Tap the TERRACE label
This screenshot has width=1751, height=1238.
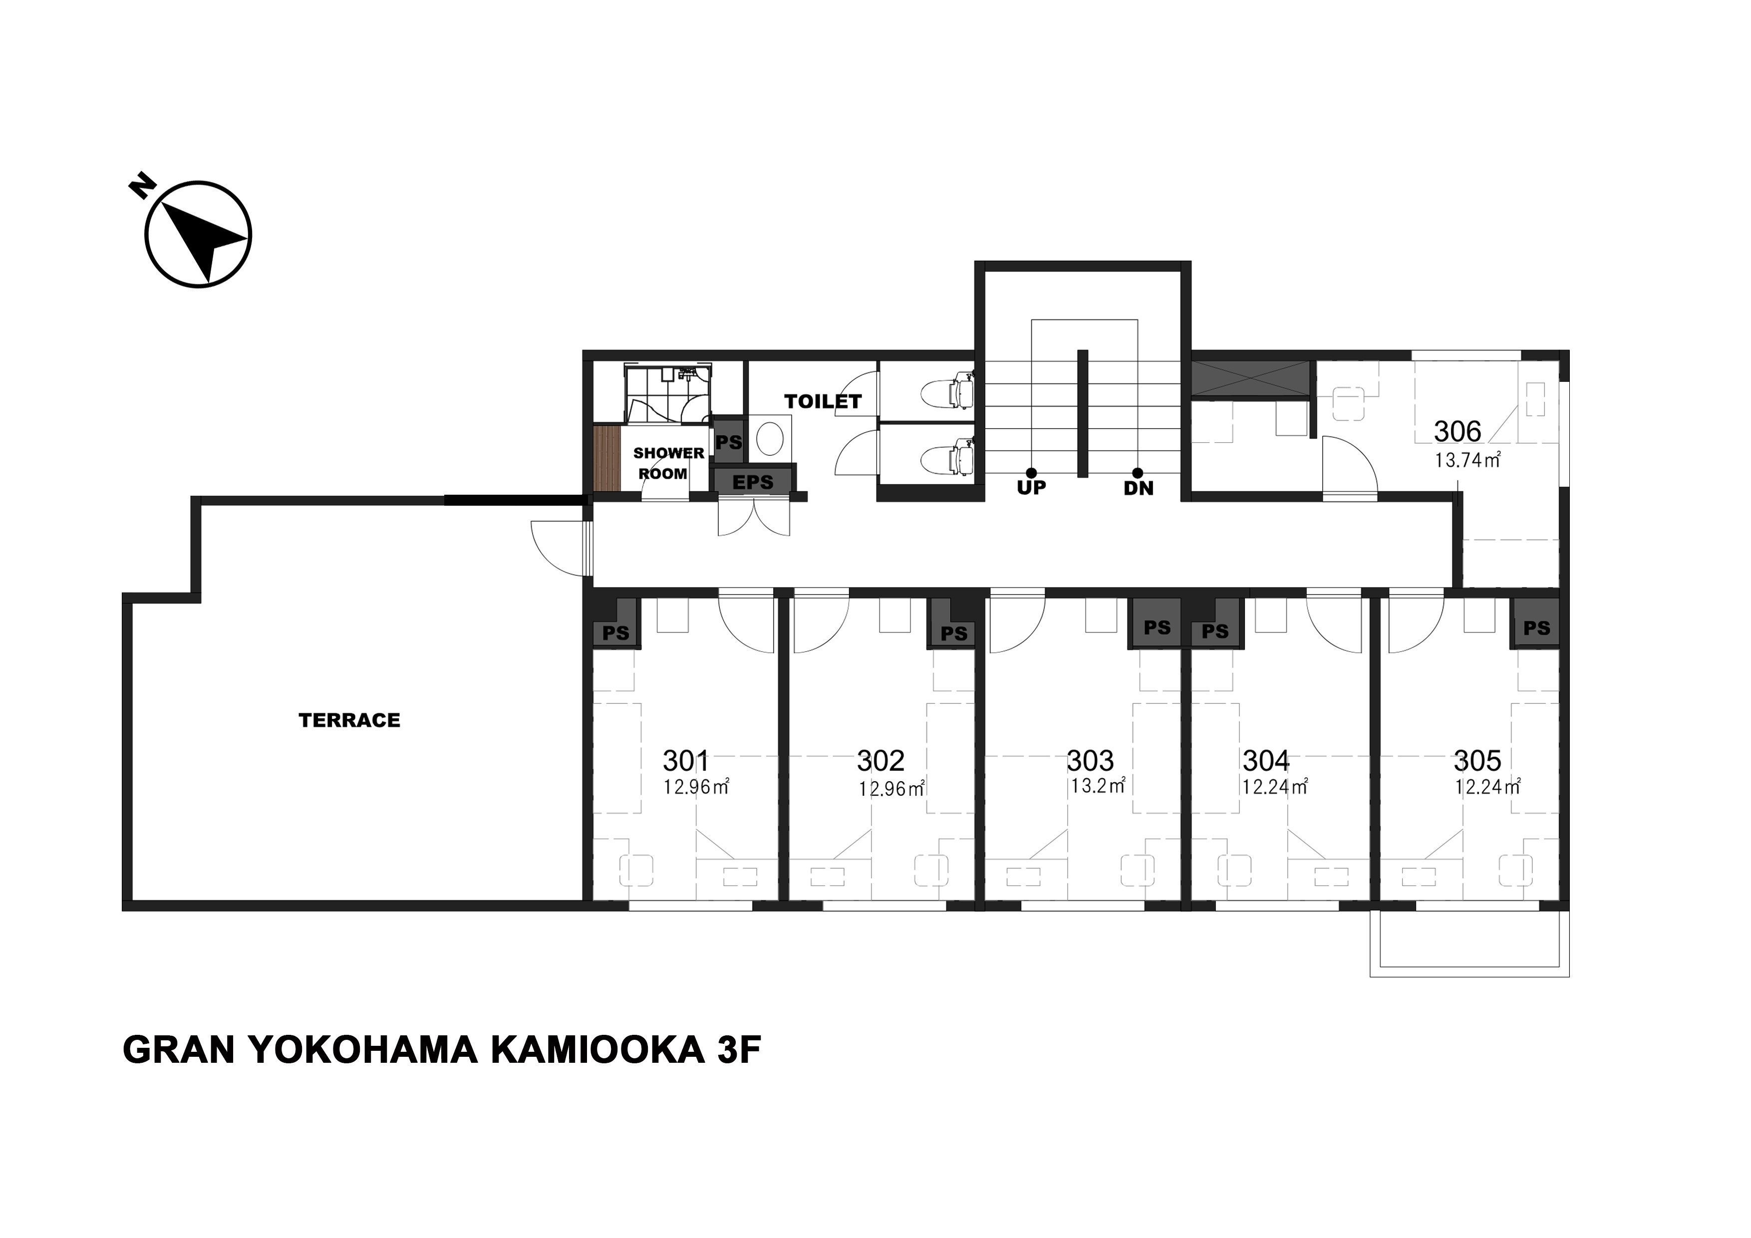click(x=349, y=720)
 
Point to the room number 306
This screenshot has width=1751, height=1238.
click(x=1458, y=432)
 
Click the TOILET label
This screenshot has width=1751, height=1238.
click(x=823, y=401)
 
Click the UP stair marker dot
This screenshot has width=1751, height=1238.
click(x=1031, y=473)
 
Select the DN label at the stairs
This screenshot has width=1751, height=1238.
click(x=1139, y=489)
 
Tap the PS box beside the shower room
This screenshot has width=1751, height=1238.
click(x=728, y=442)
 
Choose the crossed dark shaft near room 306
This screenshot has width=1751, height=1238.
click(x=1250, y=379)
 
